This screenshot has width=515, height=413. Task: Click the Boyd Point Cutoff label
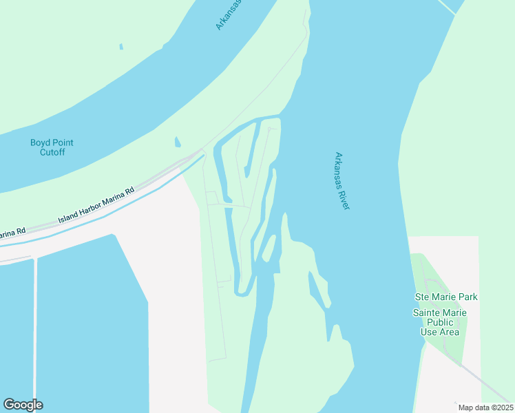click(x=52, y=147)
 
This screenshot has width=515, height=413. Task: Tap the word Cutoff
click(x=52, y=152)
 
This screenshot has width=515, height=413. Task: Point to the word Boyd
click(x=41, y=142)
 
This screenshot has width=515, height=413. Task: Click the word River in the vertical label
click(x=344, y=199)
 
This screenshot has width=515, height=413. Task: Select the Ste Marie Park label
click(x=445, y=297)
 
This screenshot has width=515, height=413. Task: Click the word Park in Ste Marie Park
click(x=467, y=297)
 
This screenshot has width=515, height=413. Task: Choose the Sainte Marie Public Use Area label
click(x=439, y=322)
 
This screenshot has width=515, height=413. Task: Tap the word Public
click(x=438, y=322)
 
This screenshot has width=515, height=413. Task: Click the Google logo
click(x=23, y=405)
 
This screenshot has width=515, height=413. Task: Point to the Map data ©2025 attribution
click(x=485, y=407)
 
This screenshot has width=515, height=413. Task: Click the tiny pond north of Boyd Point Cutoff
click(x=121, y=47)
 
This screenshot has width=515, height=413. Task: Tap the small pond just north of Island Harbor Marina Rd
click(x=178, y=142)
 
